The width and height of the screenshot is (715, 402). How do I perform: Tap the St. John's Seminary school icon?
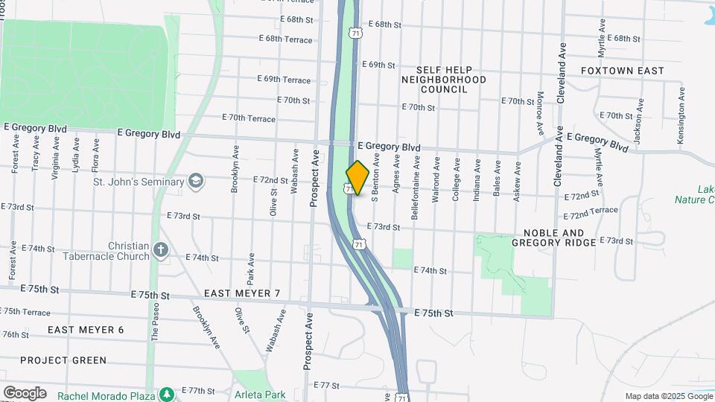pos(195,181)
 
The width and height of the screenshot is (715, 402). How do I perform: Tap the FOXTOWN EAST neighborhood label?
pos(622,71)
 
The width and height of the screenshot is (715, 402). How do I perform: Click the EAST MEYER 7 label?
pos(242,293)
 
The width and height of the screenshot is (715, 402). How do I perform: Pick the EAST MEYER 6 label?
pos(86,330)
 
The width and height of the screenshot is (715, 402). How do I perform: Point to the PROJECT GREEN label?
pos(63,360)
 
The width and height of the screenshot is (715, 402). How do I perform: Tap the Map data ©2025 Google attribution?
pos(668,396)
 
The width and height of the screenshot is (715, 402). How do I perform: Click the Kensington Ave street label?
pos(681,115)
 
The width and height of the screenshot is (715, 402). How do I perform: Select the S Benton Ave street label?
pos(376,178)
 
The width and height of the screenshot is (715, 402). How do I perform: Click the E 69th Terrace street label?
pos(284,80)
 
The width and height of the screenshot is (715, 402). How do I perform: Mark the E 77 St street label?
pos(327,386)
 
